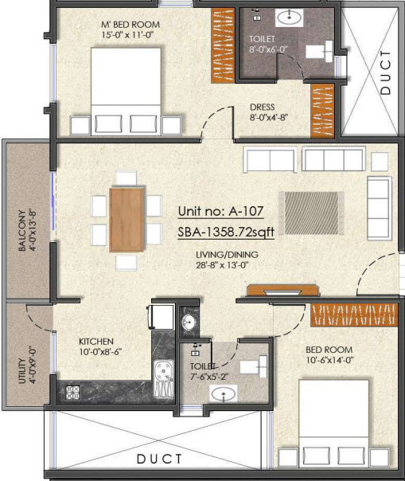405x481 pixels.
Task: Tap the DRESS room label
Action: (262, 108)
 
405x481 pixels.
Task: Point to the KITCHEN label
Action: (95, 340)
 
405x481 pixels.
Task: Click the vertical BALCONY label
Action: (22, 231)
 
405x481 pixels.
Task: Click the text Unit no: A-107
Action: (220, 213)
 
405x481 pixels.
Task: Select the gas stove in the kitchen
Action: (72, 391)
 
